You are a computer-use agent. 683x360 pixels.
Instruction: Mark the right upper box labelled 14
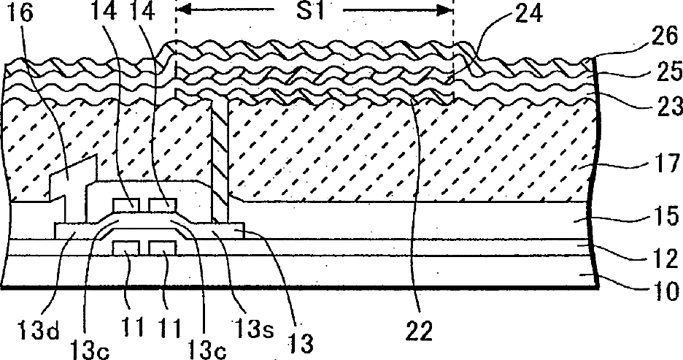(161, 203)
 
